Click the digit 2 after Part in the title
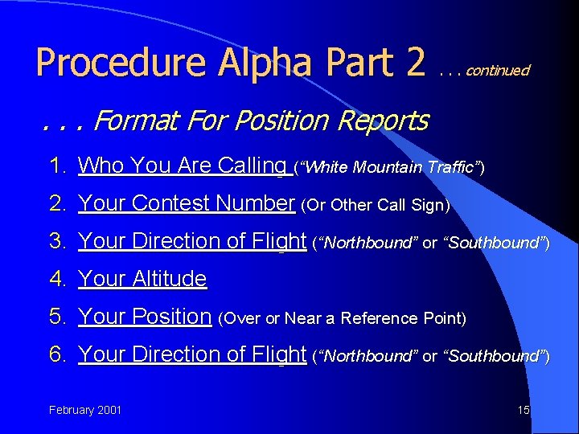tap(415, 63)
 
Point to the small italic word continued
tap(497, 71)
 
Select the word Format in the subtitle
tap(138, 121)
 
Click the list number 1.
tap(56, 166)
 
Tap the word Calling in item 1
tap(251, 166)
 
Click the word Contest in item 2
tap(176, 204)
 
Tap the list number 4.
tap(56, 280)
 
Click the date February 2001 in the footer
tap(85, 411)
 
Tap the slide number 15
tap(524, 411)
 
